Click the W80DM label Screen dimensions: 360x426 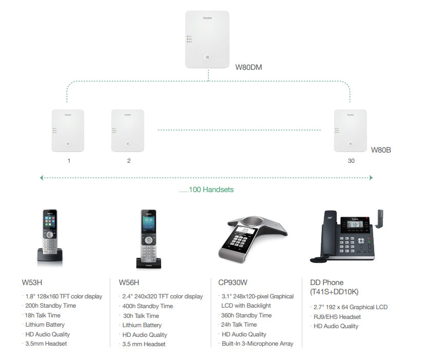pos(249,67)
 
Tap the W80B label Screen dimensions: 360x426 pos(381,150)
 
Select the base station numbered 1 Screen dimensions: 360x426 pos(68,130)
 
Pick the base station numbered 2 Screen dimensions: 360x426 pos(128,130)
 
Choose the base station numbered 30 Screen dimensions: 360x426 pos(350,130)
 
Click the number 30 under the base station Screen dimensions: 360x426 pos(351,161)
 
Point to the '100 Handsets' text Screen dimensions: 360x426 pos(206,190)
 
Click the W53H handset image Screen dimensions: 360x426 pos(50,238)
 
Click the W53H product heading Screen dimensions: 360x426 pos(32,282)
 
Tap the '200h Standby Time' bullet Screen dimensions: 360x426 pos(50,306)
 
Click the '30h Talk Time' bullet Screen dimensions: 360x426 pos(141,316)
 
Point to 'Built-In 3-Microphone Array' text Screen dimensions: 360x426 pos(257,344)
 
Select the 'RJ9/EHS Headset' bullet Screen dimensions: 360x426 pos(337,317)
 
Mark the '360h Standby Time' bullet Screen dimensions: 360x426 pos(246,315)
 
